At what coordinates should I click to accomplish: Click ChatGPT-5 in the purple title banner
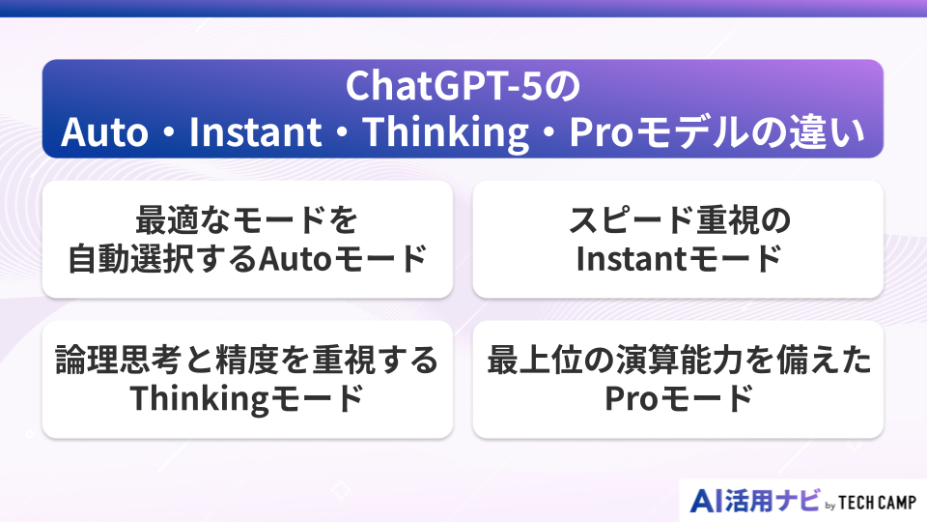[x=443, y=86]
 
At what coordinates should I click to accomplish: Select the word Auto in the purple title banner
[x=104, y=132]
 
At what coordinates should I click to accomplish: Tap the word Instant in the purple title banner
[x=255, y=132]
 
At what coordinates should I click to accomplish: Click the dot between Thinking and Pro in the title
[x=548, y=132]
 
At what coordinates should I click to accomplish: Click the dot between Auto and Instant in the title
[x=168, y=132]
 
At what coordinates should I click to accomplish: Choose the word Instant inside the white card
[x=630, y=259]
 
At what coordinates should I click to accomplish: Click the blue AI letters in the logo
[x=706, y=502]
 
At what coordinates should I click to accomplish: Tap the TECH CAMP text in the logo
[x=878, y=503]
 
